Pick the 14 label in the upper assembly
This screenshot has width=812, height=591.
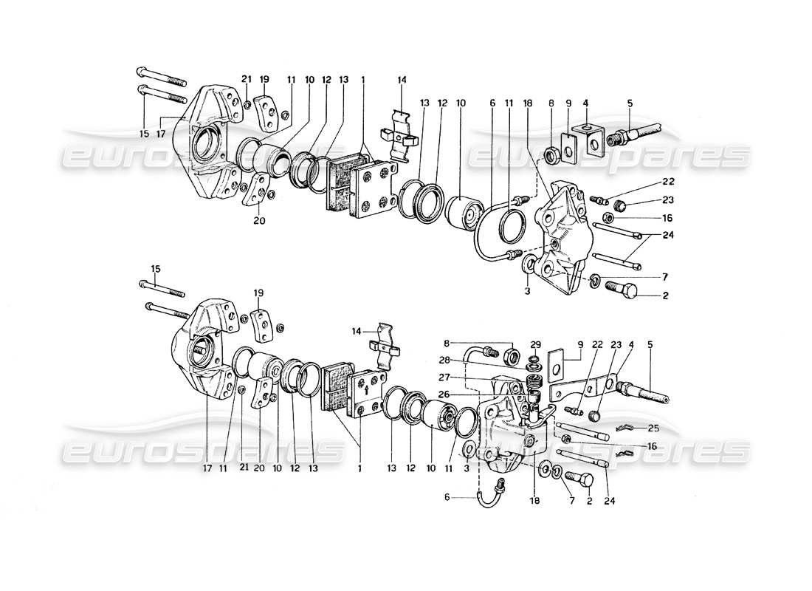point(401,80)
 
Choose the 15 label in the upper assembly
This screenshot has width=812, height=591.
point(143,134)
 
